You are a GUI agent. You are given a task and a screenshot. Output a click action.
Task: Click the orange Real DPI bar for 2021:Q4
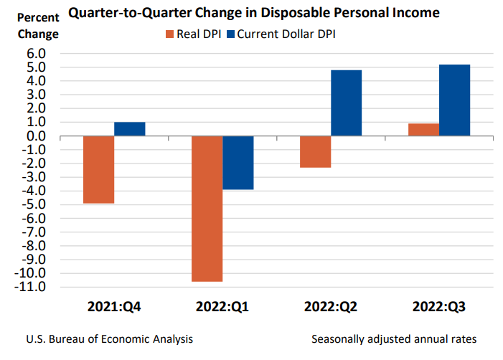[x=98, y=169]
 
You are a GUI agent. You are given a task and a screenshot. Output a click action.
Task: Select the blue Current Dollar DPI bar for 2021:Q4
[x=129, y=129]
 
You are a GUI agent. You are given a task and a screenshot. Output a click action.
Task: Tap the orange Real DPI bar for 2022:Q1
[x=207, y=209]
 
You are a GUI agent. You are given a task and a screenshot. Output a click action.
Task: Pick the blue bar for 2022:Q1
[x=238, y=163]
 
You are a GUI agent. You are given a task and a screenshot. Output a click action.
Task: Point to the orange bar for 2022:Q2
[x=315, y=152]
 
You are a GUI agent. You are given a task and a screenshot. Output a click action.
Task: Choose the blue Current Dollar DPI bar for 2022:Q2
[x=346, y=103]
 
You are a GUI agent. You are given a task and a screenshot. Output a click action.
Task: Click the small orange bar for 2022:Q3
[x=423, y=130]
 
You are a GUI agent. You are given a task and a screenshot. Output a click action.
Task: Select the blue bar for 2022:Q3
[x=454, y=100]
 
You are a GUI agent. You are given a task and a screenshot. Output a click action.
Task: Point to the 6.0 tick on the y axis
[x=36, y=54]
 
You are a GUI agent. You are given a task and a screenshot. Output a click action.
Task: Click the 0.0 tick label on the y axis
[x=36, y=136]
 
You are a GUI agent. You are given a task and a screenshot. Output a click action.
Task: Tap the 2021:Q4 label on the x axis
[x=113, y=307]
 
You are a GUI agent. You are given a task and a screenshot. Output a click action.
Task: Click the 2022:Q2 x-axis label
[x=330, y=307]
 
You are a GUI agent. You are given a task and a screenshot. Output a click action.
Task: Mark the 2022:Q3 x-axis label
[x=438, y=307]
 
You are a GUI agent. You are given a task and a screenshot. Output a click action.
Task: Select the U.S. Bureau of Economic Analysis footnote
[x=109, y=338]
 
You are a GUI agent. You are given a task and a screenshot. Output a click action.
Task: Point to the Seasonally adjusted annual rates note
[x=394, y=338]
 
